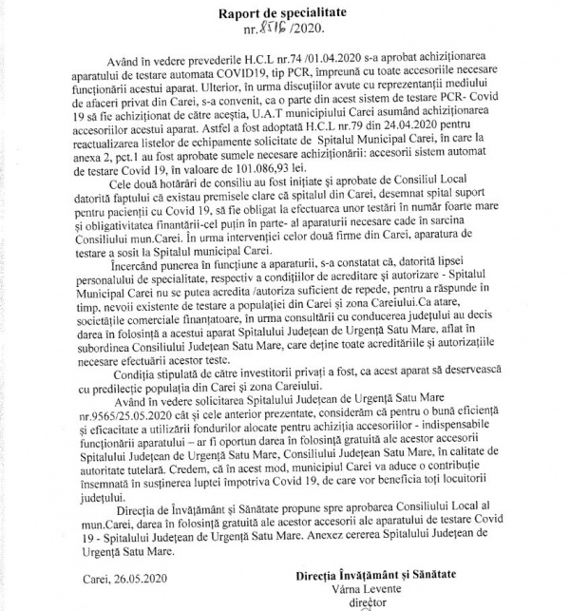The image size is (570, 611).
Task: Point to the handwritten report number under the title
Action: pyautogui.click(x=286, y=32)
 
